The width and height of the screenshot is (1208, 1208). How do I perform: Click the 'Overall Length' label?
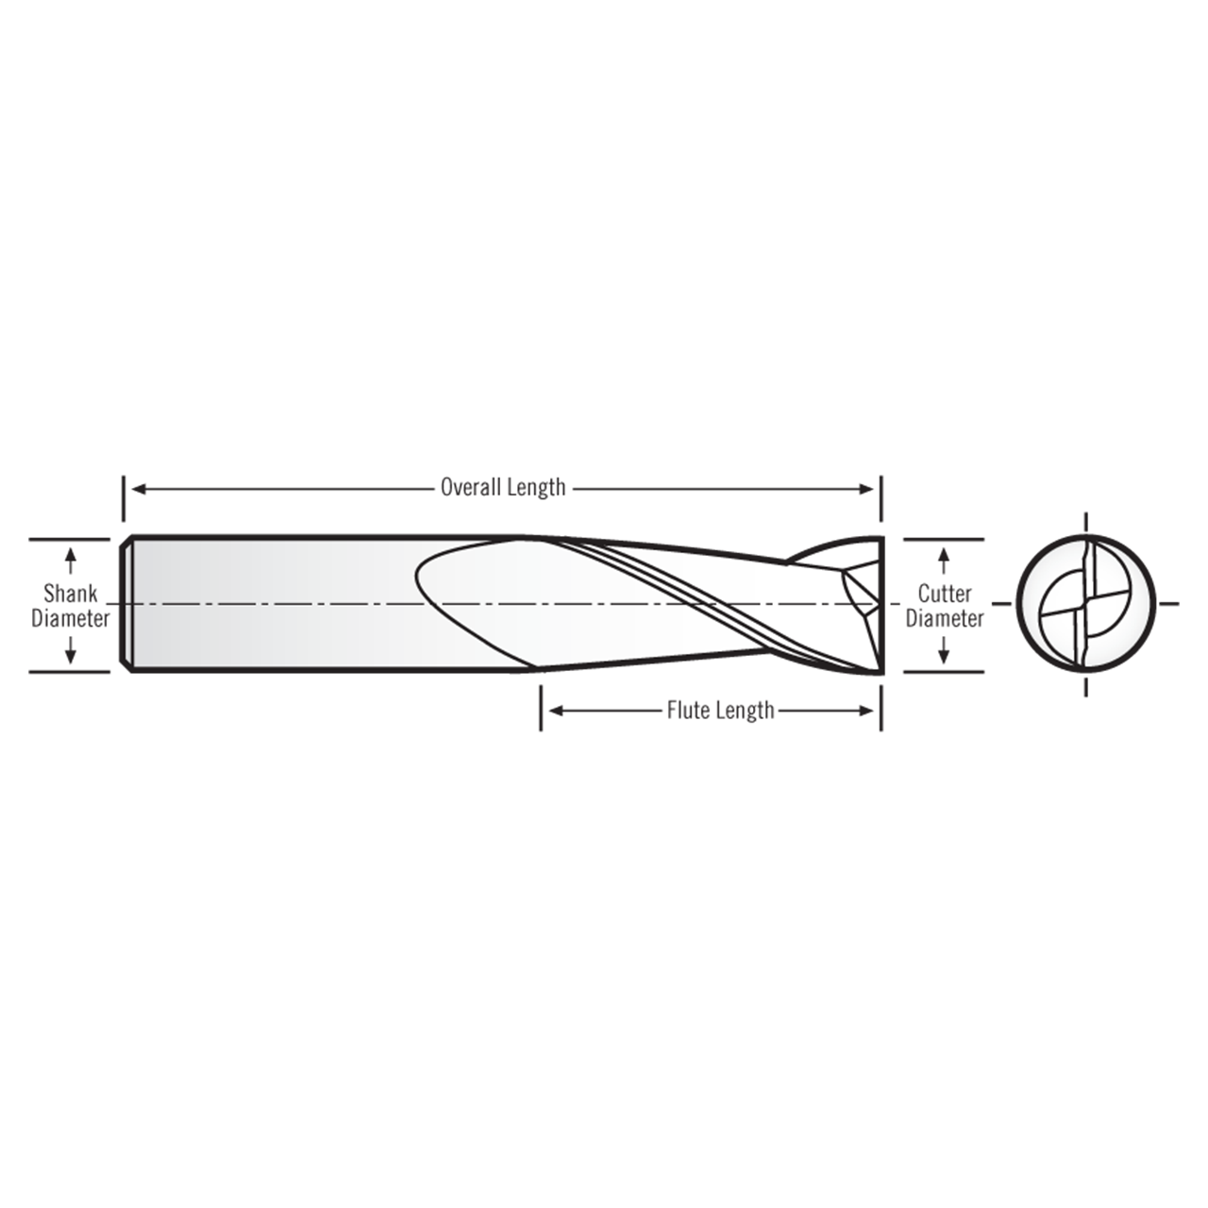(503, 487)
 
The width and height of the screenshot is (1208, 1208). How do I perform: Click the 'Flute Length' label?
(720, 710)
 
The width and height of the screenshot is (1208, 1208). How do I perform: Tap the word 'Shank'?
(71, 595)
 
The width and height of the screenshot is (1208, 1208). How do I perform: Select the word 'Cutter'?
(945, 594)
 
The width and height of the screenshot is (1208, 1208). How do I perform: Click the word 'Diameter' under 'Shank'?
(71, 618)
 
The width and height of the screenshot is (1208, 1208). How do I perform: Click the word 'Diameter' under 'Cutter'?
(945, 618)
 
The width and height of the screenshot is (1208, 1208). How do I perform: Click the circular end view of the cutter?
(1085, 604)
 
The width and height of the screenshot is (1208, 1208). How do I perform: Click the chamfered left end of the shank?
(126, 604)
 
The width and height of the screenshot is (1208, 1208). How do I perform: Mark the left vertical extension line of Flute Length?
(541, 708)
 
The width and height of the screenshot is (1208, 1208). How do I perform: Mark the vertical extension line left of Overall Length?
(124, 497)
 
